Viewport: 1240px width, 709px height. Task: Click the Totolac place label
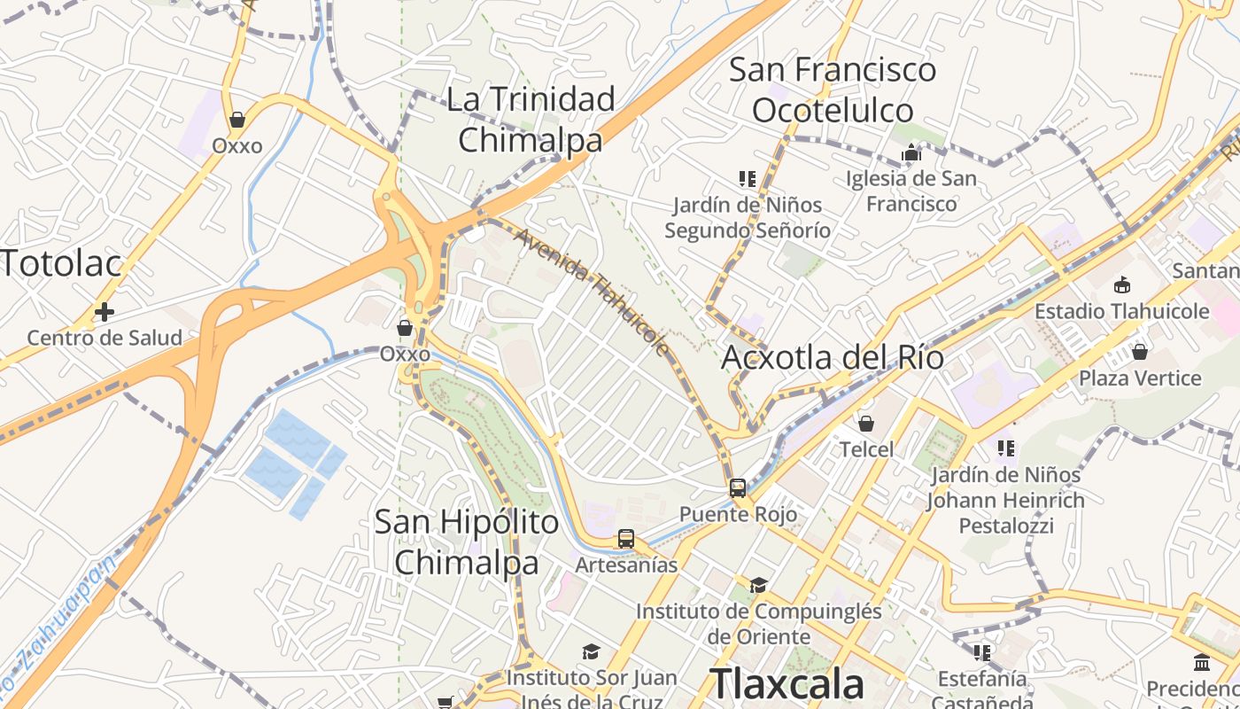60,263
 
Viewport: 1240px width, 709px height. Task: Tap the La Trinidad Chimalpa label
531,119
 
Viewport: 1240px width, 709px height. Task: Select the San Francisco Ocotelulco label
833,90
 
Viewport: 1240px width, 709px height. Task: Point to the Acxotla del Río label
833,358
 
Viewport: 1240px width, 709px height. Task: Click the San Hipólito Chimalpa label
467,541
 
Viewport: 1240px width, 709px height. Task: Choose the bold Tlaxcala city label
787,684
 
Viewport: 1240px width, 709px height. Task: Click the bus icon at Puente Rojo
738,487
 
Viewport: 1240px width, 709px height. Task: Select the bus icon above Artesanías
626,538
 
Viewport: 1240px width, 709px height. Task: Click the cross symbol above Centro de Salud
105,312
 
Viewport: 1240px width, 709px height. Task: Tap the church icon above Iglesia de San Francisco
911,154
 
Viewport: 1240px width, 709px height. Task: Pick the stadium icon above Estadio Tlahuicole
1122,284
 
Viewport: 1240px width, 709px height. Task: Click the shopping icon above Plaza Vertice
1140,352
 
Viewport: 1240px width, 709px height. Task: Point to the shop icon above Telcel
866,424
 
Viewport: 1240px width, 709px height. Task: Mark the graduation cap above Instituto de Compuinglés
758,585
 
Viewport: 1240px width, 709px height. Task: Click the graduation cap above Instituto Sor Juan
591,652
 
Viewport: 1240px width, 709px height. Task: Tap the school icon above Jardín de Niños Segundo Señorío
748,179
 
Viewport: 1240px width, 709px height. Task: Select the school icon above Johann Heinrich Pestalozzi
1005,448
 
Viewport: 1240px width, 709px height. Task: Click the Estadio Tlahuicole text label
1122,311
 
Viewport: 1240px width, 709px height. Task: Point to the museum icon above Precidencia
1202,663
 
